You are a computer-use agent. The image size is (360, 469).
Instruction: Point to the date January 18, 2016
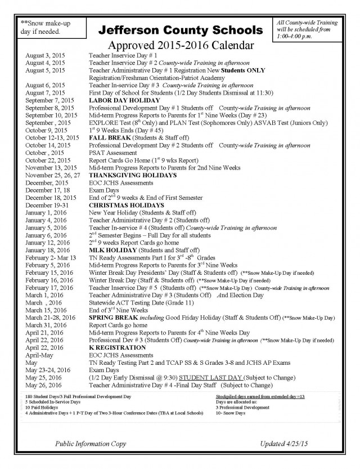(x=48, y=249)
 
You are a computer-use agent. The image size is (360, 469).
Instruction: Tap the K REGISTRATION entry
(x=117, y=348)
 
